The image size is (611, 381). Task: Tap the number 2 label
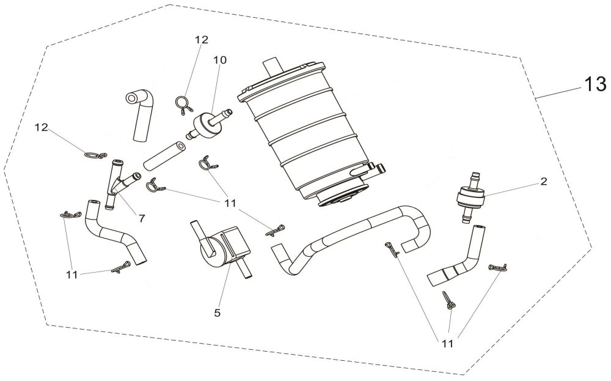coord(543,182)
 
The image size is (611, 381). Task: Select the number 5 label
coord(217,313)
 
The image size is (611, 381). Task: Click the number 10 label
coord(219,60)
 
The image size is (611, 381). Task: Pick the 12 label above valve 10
coord(202,40)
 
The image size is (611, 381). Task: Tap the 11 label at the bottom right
coord(448,344)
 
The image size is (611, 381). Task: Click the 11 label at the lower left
coord(72,275)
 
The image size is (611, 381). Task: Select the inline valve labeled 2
coord(470,197)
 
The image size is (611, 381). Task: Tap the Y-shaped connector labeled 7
coord(120,182)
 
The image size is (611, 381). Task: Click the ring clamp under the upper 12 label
coord(183,105)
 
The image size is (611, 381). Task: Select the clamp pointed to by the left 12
coord(94,155)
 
